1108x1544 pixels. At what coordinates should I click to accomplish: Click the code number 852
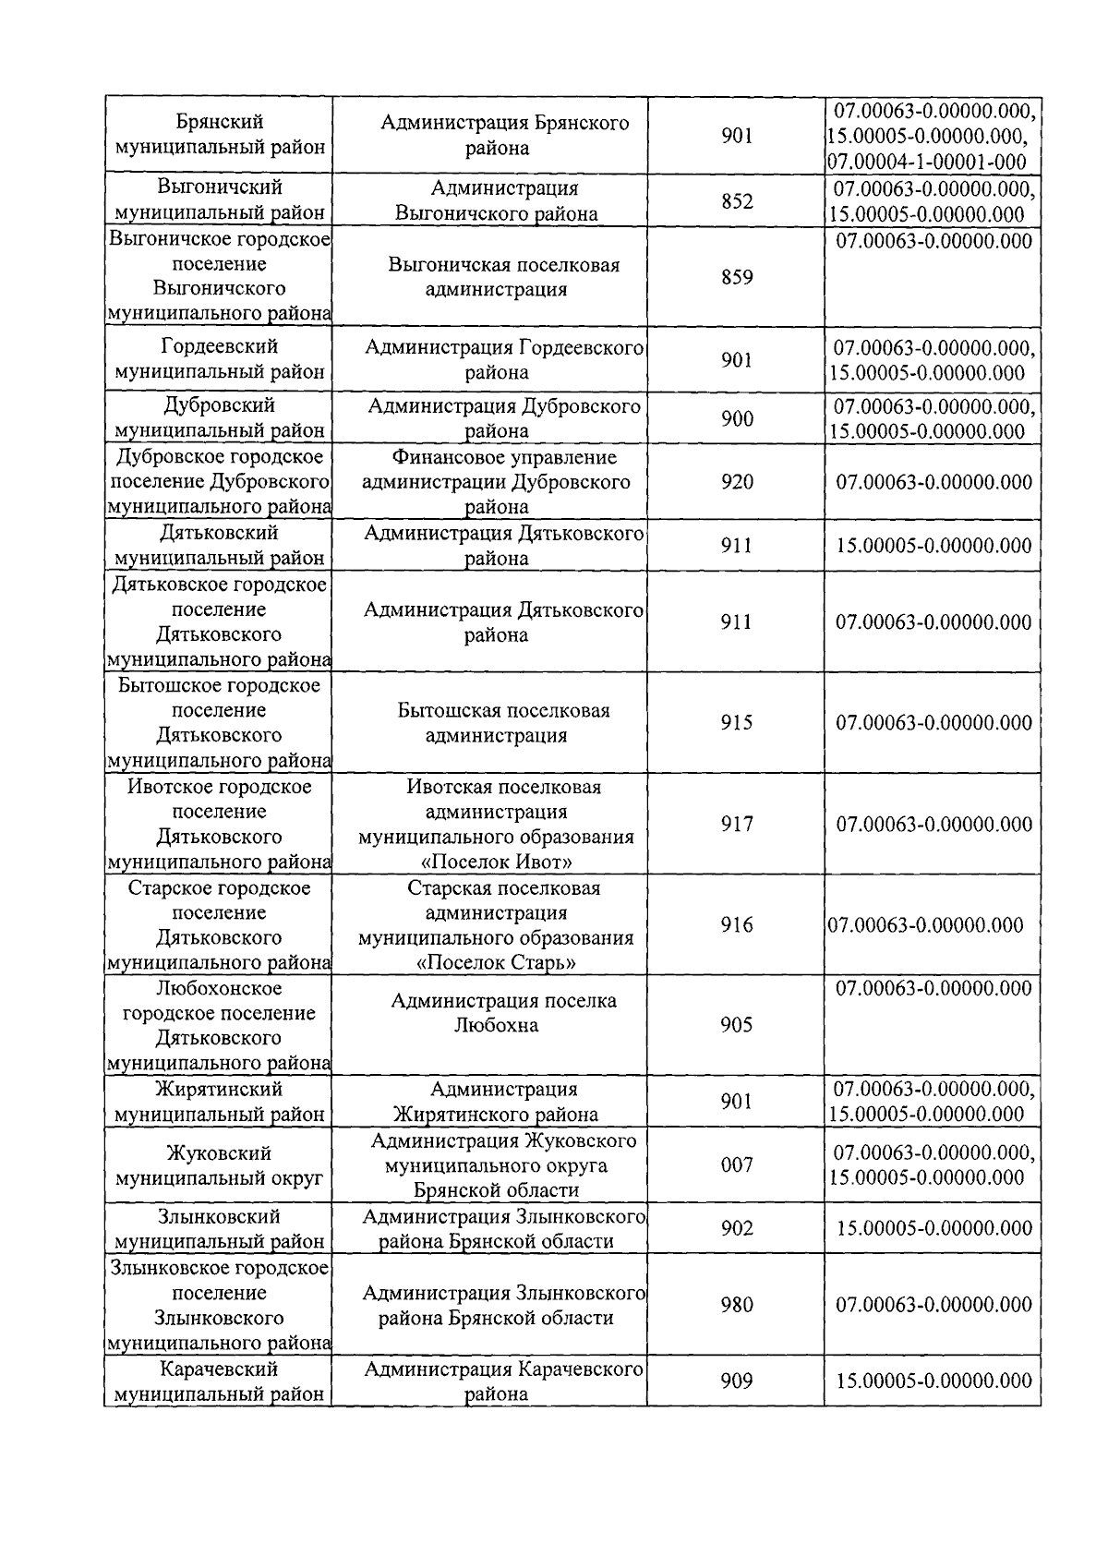coord(736,201)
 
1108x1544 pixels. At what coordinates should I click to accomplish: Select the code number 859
coord(736,277)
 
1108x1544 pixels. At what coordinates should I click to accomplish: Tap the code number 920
coord(736,482)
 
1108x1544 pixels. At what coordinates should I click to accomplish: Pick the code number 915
coord(736,723)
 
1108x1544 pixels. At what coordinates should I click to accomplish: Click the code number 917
coord(736,825)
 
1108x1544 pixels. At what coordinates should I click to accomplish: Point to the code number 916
coord(736,925)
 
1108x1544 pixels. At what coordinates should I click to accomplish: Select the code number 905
coord(736,1025)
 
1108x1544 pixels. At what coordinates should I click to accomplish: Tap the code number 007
coord(736,1165)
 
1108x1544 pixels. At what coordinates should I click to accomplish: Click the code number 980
coord(736,1305)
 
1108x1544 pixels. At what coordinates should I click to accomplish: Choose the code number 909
coord(736,1381)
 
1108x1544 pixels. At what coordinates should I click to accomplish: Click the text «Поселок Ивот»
coord(497,862)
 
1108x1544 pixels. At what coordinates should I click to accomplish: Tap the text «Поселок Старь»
coord(497,963)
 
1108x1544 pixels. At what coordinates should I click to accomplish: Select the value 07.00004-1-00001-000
coord(927,162)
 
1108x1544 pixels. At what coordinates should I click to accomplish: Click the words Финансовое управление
coord(503,458)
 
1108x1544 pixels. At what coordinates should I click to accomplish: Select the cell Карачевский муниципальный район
coord(219,1381)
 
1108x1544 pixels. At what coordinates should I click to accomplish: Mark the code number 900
coord(736,419)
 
